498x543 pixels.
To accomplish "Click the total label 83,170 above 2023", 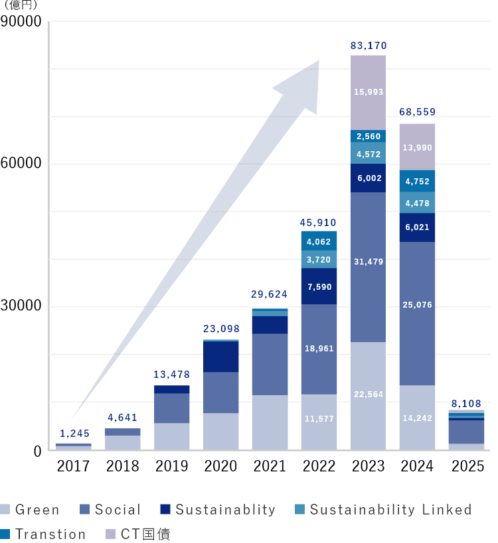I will tap(368, 46).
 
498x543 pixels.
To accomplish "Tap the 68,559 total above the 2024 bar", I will tap(417, 112).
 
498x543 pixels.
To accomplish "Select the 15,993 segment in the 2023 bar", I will tap(368, 92).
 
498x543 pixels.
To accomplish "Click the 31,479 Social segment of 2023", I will tap(368, 262).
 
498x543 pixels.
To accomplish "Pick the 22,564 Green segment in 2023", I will tap(368, 394).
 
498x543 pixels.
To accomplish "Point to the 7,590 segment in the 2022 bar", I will tap(319, 286).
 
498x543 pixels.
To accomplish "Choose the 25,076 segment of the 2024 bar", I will tap(417, 305).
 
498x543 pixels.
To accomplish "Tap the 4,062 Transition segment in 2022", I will tap(319, 241).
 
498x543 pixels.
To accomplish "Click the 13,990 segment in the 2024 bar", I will tap(417, 147).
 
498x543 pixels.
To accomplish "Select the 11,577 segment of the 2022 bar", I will tap(319, 419).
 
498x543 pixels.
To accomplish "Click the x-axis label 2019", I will tap(172, 466).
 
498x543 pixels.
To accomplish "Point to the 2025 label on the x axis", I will tap(467, 466).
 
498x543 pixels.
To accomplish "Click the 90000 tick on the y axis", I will tap(21, 23).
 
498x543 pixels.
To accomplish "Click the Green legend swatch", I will tap(6, 510).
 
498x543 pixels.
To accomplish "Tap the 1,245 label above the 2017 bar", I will tap(73, 434).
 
